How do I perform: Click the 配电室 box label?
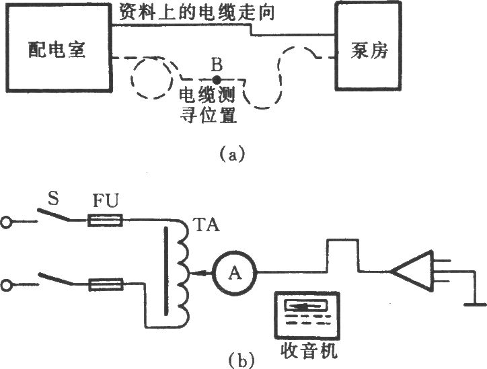pos(57,50)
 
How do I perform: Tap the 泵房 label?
pos(369,50)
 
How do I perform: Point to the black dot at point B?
pos(217,81)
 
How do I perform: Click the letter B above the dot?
pos(217,65)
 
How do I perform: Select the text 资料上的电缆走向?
pos(197,12)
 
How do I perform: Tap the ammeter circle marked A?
pos(235,272)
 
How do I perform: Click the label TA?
pos(206,225)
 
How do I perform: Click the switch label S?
pos(53,199)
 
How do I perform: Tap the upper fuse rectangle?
pos(105,220)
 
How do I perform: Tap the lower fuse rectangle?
pos(106,284)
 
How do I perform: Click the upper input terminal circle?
pos(7,222)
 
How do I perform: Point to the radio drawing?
pos(307,315)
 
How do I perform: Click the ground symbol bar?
pos(475,304)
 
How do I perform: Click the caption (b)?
pos(241,360)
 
